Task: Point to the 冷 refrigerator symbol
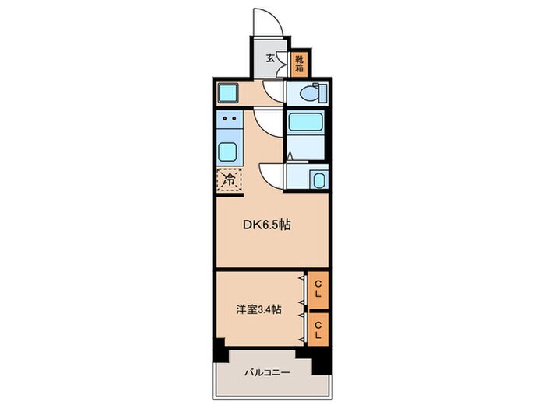(229, 180)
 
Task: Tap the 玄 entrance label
(270, 58)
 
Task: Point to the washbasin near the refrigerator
(318, 180)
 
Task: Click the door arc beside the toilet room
(272, 91)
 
